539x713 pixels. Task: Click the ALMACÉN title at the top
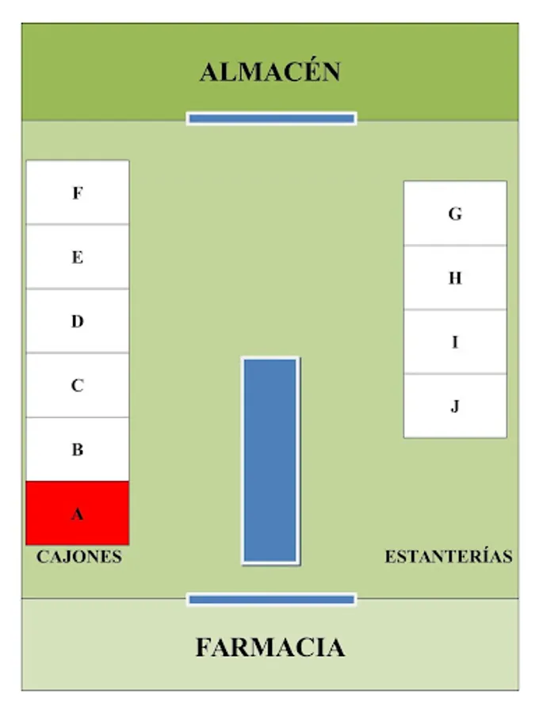click(269, 72)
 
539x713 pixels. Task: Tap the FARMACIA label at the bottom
click(269, 647)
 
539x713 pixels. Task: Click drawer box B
click(78, 449)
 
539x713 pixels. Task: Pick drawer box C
click(78, 385)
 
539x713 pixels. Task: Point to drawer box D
click(78, 321)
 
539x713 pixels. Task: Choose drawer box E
click(78, 257)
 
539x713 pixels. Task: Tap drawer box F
click(78, 193)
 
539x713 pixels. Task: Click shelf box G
click(455, 213)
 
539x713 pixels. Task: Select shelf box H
click(455, 277)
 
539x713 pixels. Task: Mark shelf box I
click(455, 341)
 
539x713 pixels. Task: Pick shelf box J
click(455, 406)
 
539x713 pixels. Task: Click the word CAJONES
click(79, 557)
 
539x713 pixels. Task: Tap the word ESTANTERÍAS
click(449, 557)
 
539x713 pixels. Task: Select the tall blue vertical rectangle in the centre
click(270, 460)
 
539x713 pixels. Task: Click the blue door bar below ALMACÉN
click(271, 118)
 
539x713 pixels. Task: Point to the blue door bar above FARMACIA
click(271, 600)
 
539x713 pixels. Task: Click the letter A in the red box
click(78, 514)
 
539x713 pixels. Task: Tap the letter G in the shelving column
click(455, 213)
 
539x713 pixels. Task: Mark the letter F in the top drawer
click(78, 193)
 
